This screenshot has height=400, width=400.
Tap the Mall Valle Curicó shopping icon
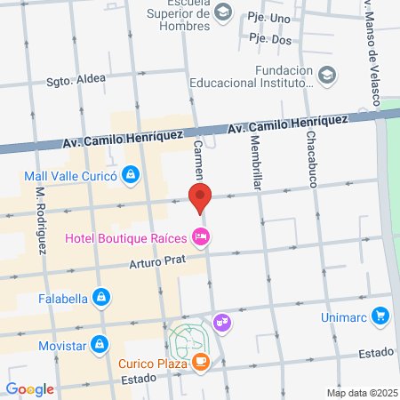[x=132, y=175]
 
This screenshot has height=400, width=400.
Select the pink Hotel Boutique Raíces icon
[x=202, y=236]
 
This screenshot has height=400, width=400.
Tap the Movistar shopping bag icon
[x=100, y=342]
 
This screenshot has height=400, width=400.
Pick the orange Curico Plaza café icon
[x=202, y=362]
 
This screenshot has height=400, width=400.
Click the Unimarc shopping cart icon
[x=380, y=316]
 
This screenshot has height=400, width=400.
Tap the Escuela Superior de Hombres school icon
[x=223, y=12]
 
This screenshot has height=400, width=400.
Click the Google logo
[x=29, y=388]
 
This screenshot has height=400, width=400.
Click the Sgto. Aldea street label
[x=76, y=78]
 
